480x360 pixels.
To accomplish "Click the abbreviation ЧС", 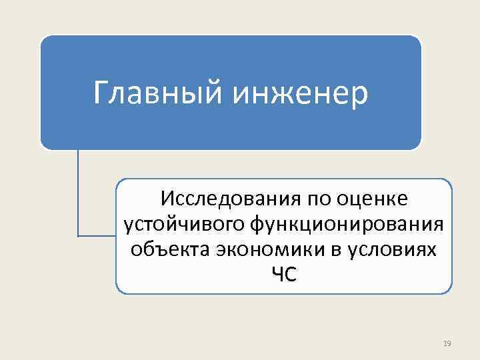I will click(x=283, y=274).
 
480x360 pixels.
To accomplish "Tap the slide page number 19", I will click(x=447, y=343).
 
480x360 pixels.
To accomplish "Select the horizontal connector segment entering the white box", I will click(x=97, y=236).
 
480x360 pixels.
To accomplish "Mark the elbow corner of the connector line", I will click(x=78, y=236).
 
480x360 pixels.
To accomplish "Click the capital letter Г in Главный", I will click(x=101, y=93).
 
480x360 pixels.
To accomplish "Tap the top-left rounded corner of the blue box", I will click(x=45, y=40).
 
